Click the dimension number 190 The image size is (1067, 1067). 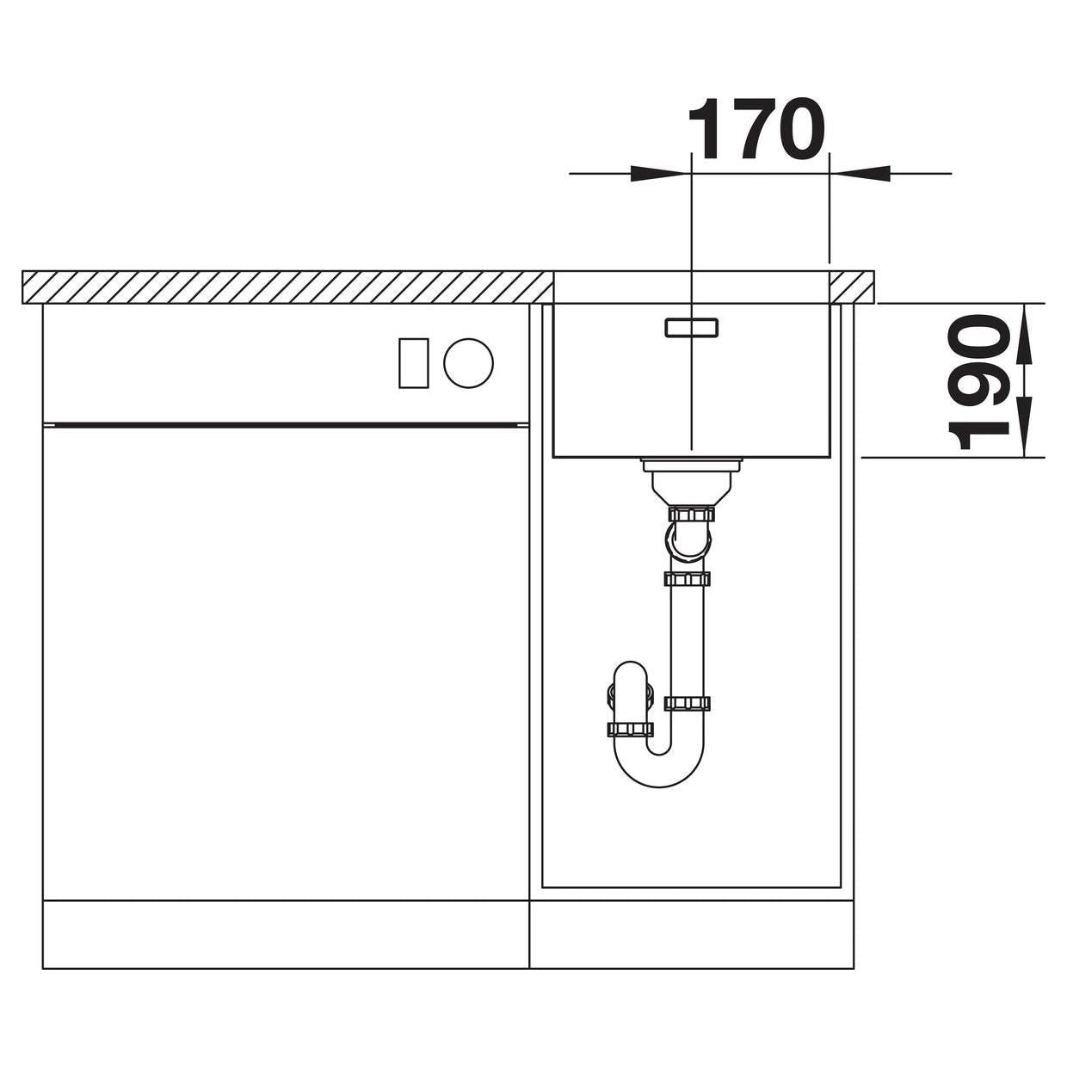(x=980, y=381)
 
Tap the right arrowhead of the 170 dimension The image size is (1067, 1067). (x=860, y=174)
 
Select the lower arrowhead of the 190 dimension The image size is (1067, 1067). (x=1025, y=427)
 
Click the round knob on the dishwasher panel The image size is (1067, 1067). (x=468, y=362)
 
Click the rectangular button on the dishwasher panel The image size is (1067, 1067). (x=414, y=362)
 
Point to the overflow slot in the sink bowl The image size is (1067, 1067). (x=692, y=327)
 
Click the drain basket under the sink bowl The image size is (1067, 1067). (x=691, y=479)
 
